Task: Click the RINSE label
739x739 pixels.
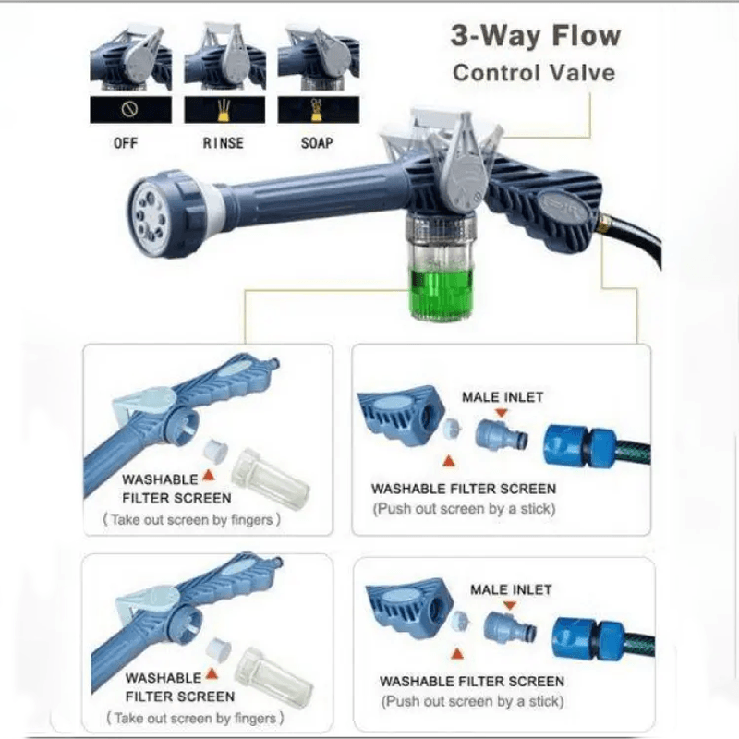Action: coord(223,143)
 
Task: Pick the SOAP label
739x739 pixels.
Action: coord(316,143)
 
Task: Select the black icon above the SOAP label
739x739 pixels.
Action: coord(315,110)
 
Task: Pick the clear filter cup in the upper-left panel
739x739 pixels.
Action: coord(269,470)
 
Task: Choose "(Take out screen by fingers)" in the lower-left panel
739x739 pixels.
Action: coord(197,717)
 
